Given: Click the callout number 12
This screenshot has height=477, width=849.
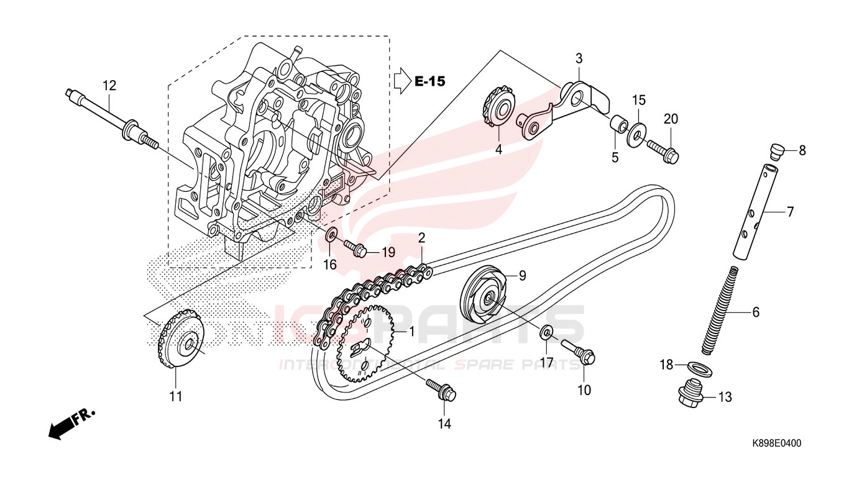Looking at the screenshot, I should click(x=109, y=85).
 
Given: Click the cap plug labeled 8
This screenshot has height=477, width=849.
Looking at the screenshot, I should click(x=776, y=150).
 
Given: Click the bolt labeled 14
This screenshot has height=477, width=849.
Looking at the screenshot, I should click(x=442, y=389).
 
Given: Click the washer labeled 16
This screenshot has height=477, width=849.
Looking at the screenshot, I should click(x=332, y=235).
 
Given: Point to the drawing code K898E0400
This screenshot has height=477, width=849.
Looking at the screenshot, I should click(x=777, y=443).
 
